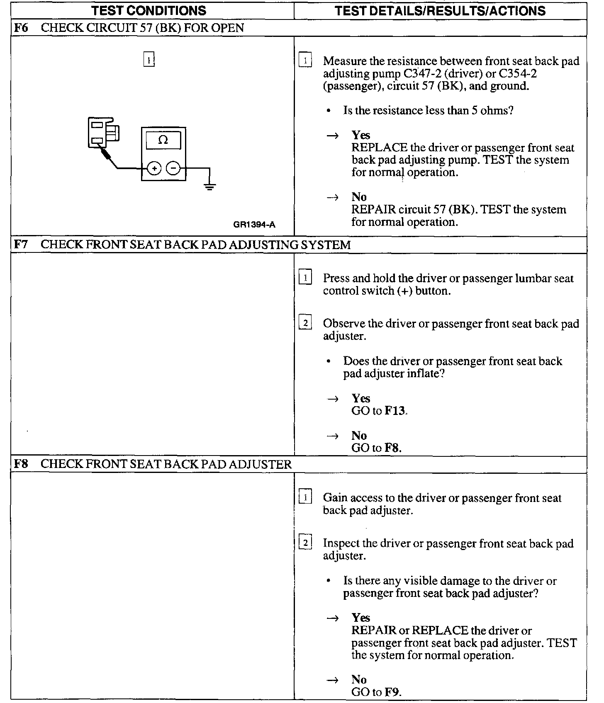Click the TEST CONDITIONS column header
[x=149, y=10]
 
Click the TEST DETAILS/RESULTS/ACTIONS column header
[x=440, y=10]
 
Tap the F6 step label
[x=21, y=28]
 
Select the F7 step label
[x=21, y=245]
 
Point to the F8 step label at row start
[x=21, y=464]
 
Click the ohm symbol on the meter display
[x=163, y=140]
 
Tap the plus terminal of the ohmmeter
[x=154, y=168]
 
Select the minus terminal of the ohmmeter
[x=173, y=168]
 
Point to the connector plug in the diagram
[x=102, y=133]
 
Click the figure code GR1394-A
[x=254, y=225]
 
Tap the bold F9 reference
[x=392, y=692]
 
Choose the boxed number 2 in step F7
[x=305, y=322]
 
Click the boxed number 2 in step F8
[x=305, y=542]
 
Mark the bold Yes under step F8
[x=360, y=618]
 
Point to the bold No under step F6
[x=359, y=197]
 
